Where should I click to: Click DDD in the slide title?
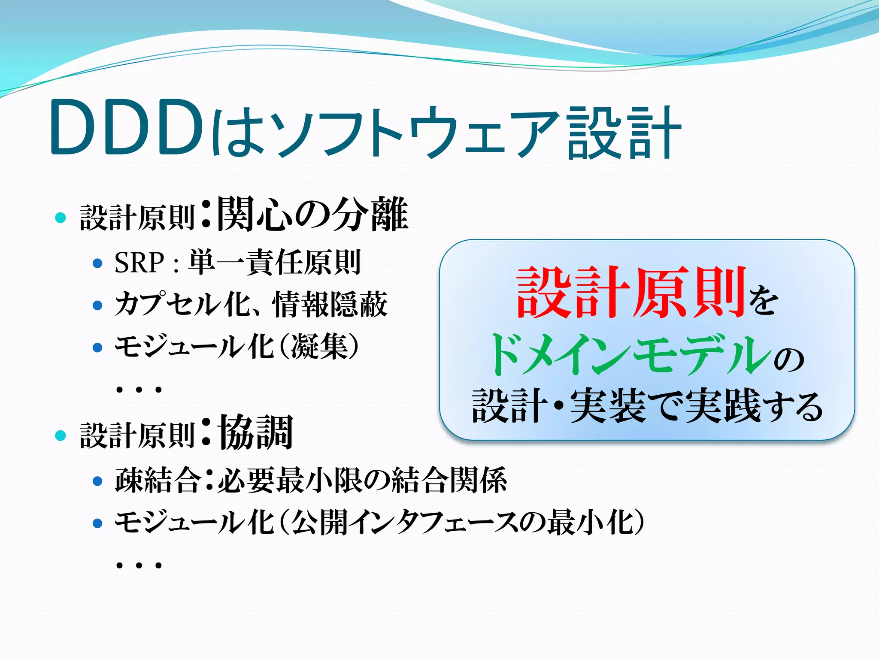127,127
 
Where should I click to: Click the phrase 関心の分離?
312,214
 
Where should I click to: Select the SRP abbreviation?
139,263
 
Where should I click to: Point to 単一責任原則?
274,263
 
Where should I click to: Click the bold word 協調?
256,432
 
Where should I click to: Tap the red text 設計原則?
631,293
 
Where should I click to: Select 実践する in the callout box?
753,406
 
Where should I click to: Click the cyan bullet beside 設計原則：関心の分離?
61,218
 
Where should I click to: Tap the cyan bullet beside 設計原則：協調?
61,435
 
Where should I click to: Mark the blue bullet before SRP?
98,263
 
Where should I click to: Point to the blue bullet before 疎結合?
98,481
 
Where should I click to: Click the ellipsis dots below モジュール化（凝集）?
139,390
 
